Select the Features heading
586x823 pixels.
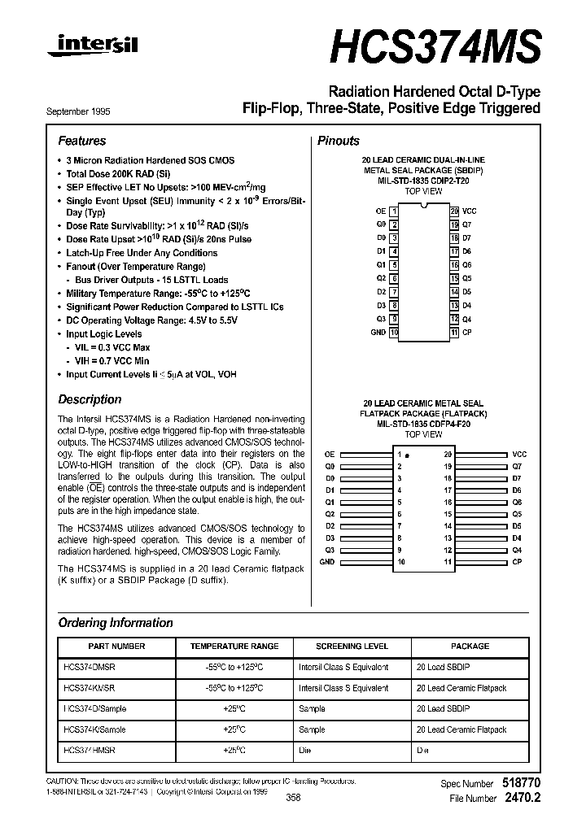point(82,141)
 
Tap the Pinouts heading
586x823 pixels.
point(338,141)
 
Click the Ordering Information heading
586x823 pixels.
point(116,623)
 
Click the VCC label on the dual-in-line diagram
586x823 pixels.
point(469,211)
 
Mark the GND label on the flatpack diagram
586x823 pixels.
point(327,562)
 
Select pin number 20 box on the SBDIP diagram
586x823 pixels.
point(454,211)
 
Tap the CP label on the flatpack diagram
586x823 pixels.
point(517,562)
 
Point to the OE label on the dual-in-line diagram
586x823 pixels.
point(380,211)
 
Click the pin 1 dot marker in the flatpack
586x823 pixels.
point(407,454)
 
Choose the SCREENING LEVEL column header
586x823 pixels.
point(352,646)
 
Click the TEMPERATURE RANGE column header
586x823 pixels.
point(234,646)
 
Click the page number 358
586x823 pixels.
point(294,798)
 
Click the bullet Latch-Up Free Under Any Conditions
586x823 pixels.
point(142,253)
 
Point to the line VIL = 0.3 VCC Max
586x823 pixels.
point(112,347)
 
